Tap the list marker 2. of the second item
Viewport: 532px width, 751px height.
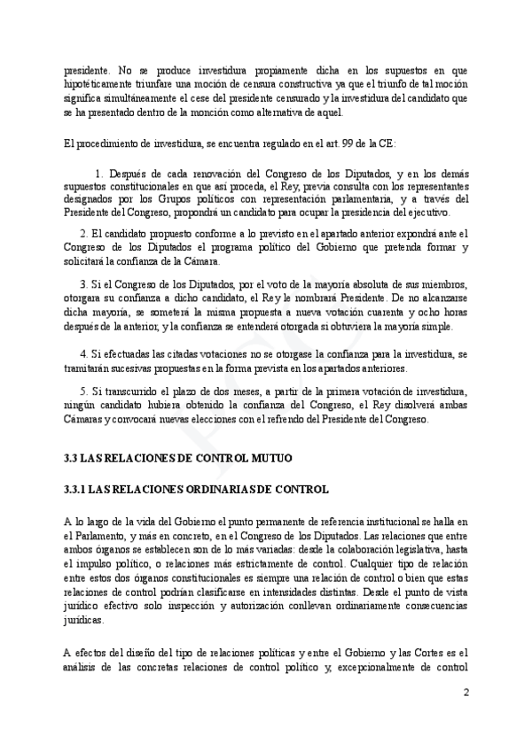[82, 233]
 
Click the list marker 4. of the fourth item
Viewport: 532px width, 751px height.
[82, 353]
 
